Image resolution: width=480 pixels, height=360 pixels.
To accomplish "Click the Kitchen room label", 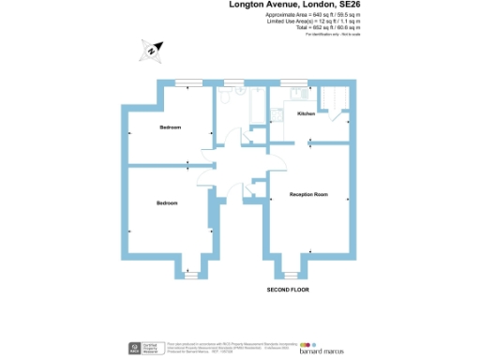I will (306, 113).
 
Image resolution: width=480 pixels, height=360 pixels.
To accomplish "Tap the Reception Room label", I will (308, 194).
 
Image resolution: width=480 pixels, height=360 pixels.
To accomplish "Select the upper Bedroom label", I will (170, 127).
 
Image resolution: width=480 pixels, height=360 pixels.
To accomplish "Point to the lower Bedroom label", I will (167, 203).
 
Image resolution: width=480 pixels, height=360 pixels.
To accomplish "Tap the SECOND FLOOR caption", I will (288, 291).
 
